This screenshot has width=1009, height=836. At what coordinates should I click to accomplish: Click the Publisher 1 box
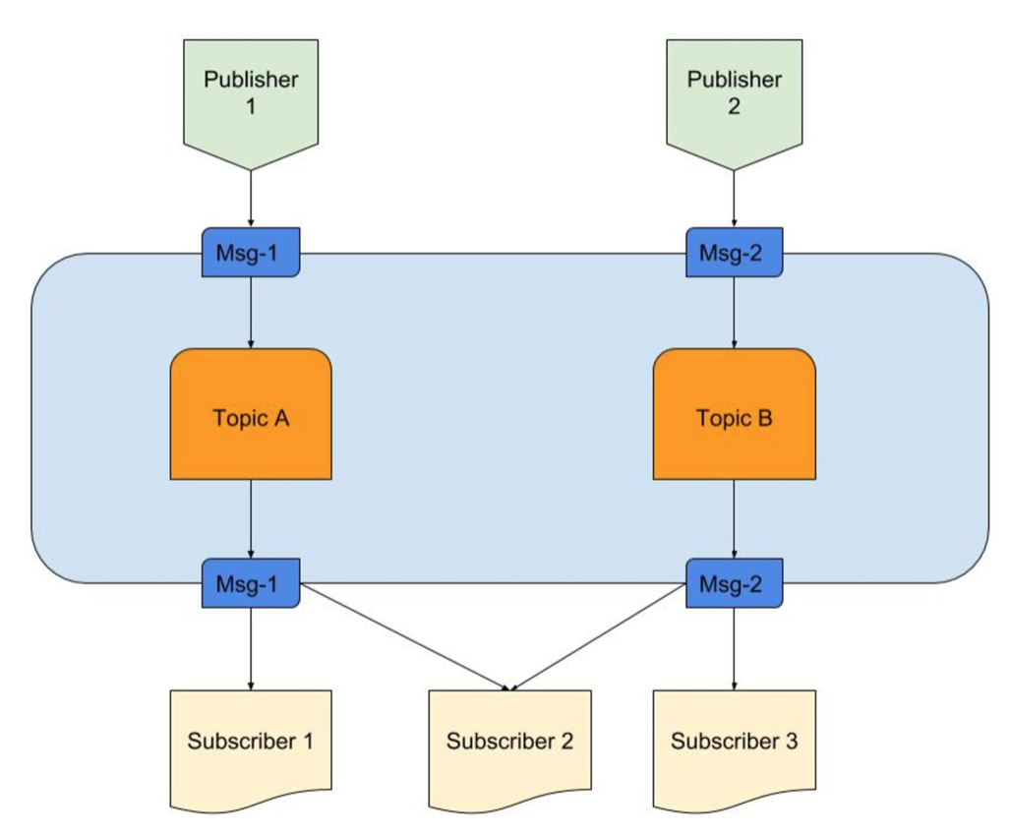tap(251, 96)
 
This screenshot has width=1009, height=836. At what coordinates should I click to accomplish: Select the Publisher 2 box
tap(735, 96)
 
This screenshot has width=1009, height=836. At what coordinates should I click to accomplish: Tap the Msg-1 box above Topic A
tap(251, 253)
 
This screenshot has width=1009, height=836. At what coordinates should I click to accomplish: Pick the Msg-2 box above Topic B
tap(735, 253)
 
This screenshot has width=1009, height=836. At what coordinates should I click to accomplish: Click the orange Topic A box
tap(251, 414)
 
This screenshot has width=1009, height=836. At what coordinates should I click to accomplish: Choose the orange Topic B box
tap(735, 414)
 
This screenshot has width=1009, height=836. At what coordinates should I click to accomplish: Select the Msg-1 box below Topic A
tap(251, 583)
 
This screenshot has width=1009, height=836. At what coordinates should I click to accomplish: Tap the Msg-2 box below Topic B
tap(735, 583)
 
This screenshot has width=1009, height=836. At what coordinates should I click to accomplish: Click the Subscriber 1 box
tap(251, 746)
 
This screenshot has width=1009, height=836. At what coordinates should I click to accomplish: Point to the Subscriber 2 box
tap(509, 746)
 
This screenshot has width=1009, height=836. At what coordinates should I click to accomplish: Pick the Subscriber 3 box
tap(735, 746)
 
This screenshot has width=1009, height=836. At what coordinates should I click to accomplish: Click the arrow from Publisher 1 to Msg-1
tap(251, 199)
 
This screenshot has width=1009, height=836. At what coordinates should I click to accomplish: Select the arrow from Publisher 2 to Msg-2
tap(735, 199)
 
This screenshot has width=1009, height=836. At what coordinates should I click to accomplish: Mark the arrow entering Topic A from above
tap(251, 313)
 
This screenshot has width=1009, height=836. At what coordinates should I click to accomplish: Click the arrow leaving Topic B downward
tap(735, 519)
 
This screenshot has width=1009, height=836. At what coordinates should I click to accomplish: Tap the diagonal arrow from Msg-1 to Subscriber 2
tap(405, 637)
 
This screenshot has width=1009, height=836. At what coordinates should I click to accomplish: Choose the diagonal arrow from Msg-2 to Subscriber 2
tap(598, 637)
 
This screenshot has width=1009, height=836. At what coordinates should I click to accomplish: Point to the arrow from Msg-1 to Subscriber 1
tap(251, 649)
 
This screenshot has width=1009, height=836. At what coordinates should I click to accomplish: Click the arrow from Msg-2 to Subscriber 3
tap(735, 649)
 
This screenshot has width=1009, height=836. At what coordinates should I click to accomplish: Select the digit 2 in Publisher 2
tap(735, 106)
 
